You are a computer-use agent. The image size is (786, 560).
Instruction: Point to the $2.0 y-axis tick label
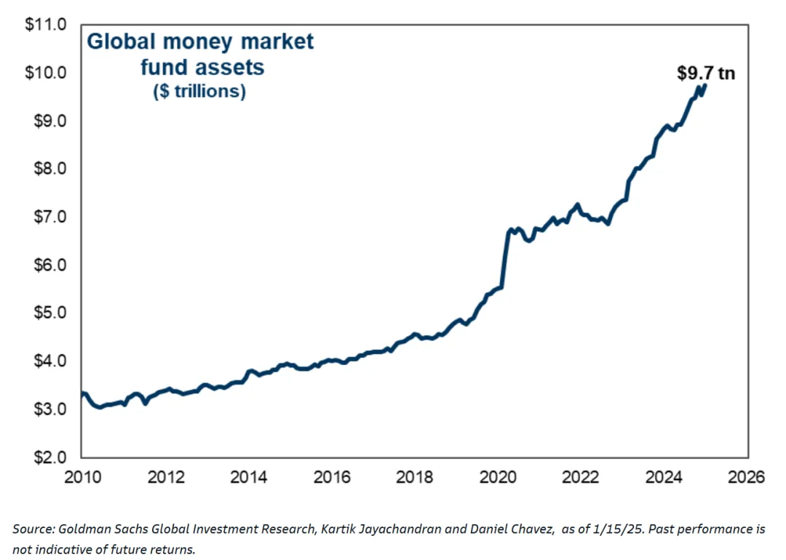(48, 457)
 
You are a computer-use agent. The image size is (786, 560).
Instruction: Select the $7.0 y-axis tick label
(48, 217)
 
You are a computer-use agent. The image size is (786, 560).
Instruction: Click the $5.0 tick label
(48, 313)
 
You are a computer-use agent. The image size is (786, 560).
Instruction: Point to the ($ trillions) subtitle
(199, 92)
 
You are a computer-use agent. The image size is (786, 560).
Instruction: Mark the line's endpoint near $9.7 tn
(704, 86)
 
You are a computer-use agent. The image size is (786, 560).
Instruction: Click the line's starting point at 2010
(82, 394)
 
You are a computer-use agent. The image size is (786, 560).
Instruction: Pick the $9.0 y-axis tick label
(48, 121)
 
